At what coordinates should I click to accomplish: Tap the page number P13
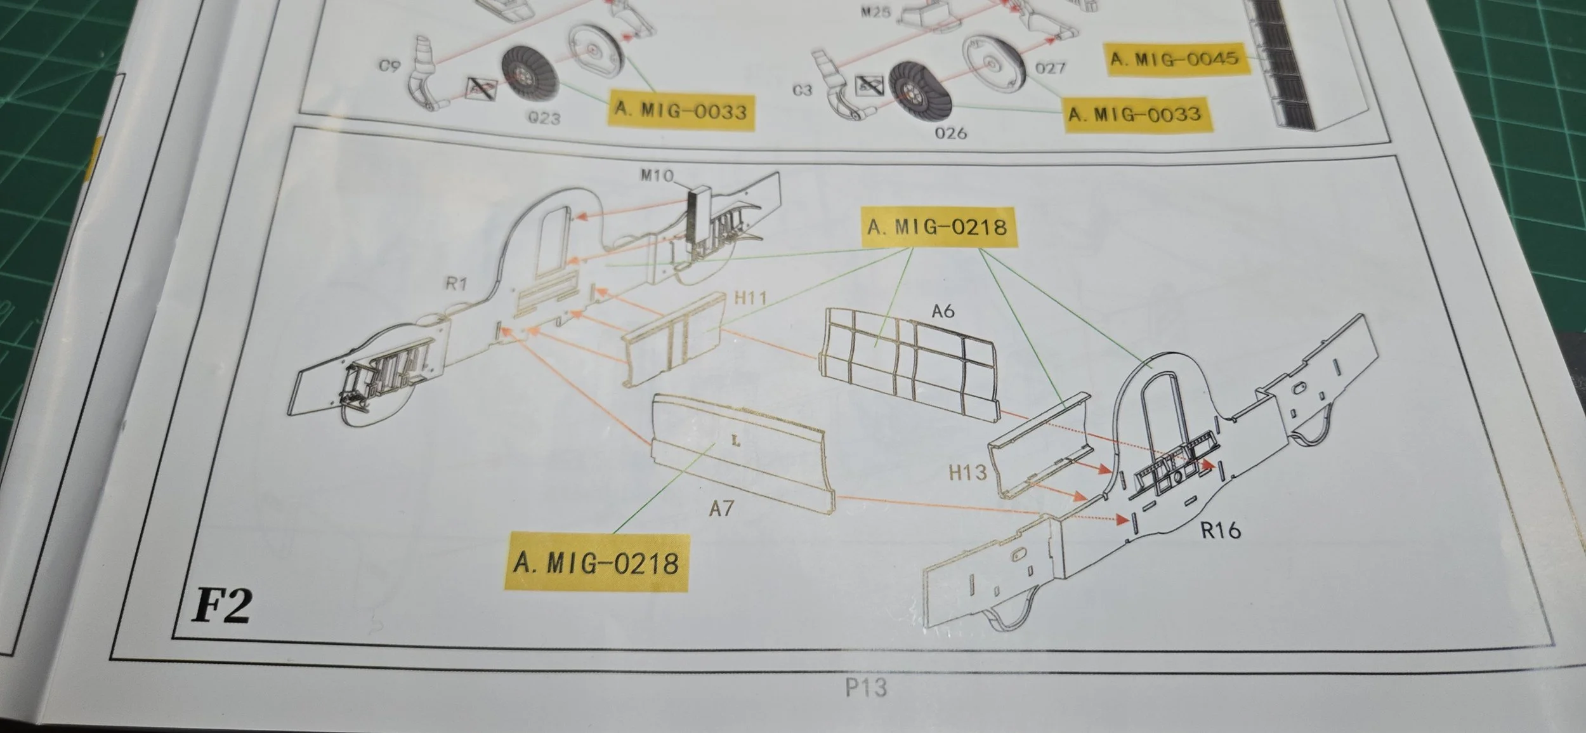(x=865, y=687)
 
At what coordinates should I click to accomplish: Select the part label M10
(x=657, y=175)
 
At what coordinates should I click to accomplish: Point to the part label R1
(x=455, y=284)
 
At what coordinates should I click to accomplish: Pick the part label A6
(x=943, y=311)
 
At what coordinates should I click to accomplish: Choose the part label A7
(x=721, y=508)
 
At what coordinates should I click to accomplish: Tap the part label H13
(x=967, y=472)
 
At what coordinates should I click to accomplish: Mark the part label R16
(x=1221, y=530)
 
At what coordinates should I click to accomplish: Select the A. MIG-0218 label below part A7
(x=596, y=563)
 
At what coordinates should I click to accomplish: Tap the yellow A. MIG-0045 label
(x=1174, y=59)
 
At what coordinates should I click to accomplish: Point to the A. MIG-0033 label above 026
(x=1134, y=114)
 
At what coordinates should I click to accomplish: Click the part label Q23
(x=544, y=118)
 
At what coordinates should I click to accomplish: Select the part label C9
(x=389, y=65)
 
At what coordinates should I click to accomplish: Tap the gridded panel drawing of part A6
(x=907, y=362)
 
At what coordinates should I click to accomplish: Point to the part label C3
(x=802, y=90)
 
